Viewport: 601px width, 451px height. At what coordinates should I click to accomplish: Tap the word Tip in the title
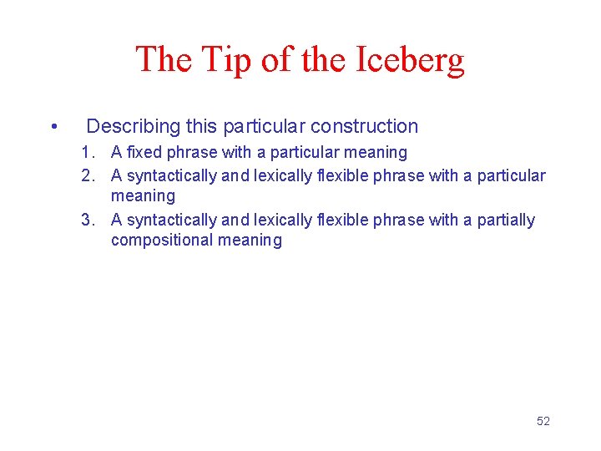[x=221, y=60]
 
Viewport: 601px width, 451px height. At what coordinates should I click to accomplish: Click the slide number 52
[x=543, y=421]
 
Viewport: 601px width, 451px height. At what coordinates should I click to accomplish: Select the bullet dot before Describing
[x=53, y=127]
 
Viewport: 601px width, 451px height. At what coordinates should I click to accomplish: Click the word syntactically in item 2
[x=171, y=176]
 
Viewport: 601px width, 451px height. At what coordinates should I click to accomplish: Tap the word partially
[x=506, y=220]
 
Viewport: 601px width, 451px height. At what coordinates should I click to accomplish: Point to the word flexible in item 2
[x=341, y=176]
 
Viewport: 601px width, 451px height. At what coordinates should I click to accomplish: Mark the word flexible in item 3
[x=341, y=220]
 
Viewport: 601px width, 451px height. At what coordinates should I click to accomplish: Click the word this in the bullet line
[x=201, y=127]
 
